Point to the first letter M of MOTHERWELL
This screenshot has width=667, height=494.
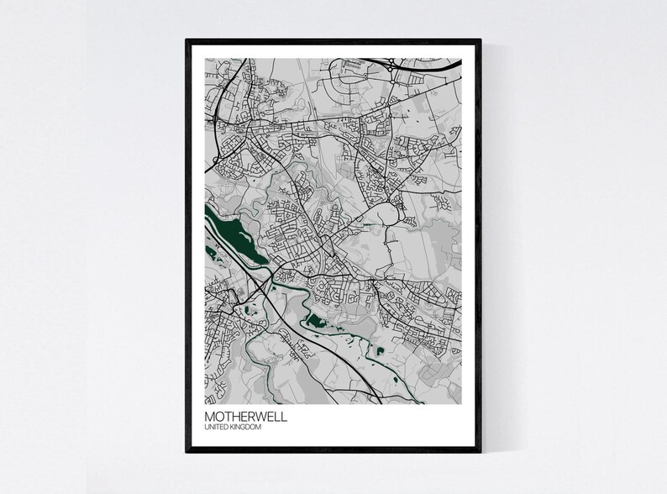point(209,416)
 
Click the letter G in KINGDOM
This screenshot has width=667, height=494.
point(246,428)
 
